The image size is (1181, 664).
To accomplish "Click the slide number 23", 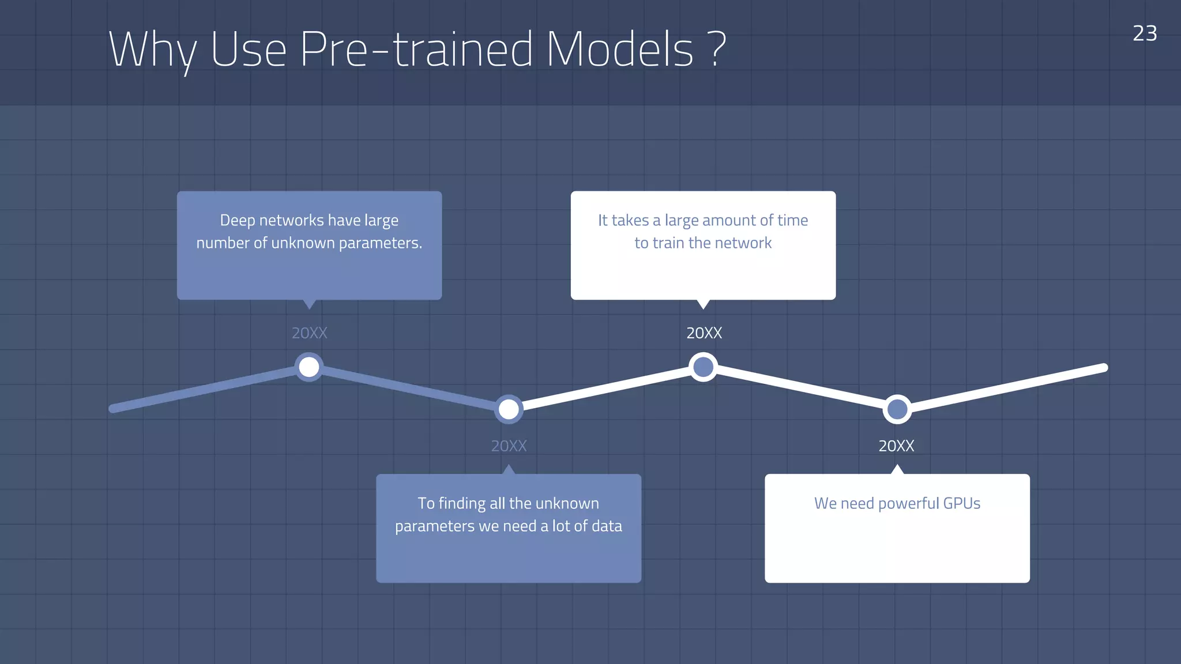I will click(1144, 33).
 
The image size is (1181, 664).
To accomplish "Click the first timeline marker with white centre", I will click(309, 367).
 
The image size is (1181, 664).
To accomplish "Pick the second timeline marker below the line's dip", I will click(509, 409).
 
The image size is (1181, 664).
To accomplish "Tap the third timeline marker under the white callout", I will click(703, 367).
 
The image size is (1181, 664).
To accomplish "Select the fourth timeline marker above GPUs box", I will click(897, 409).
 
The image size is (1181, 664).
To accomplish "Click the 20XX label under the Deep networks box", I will click(309, 333).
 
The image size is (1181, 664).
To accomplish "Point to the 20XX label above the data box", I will click(509, 446).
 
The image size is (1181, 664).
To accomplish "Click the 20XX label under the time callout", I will click(704, 333).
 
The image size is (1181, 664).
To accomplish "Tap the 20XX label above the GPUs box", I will click(896, 446).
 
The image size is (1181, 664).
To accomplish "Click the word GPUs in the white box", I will click(961, 503).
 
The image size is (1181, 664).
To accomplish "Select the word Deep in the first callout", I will click(238, 221).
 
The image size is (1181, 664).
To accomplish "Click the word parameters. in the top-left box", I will click(380, 243).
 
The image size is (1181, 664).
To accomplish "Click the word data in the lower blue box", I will click(607, 526).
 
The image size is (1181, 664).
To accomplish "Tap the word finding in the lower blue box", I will click(462, 504).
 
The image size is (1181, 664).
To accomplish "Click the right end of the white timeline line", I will click(1103, 368).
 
